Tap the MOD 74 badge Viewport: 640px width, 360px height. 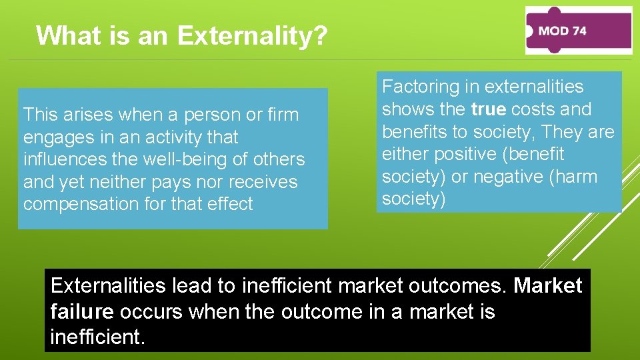click(577, 31)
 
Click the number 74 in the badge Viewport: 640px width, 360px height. click(577, 31)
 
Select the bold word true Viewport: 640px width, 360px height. click(489, 109)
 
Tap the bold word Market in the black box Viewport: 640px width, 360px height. click(548, 286)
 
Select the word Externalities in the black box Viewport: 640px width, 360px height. click(109, 286)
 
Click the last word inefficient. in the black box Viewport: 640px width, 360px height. click(97, 337)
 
